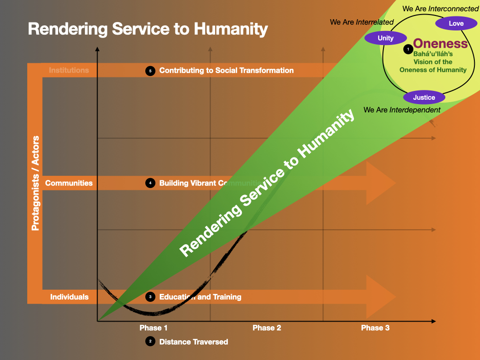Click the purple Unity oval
point(386,38)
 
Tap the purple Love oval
point(456,23)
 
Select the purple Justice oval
point(424,97)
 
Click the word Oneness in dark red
point(441,44)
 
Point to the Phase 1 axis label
point(154,328)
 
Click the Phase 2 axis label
point(267,328)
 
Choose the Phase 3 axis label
point(375,328)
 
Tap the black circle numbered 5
point(150,71)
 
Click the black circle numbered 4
point(150,183)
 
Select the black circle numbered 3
point(150,297)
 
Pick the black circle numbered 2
point(150,342)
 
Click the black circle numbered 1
point(408,48)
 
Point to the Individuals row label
point(69,297)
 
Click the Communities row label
point(69,183)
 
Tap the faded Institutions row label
point(69,70)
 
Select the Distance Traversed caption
point(194,342)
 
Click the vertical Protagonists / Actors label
point(35,183)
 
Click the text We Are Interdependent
point(402,110)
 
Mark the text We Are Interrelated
point(362,22)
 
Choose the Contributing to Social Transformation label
point(226,70)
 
